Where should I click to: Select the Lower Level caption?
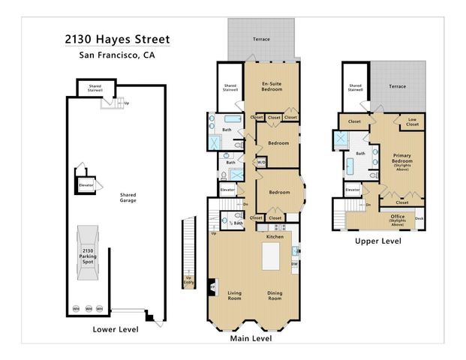[116, 328]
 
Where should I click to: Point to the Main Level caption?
[251, 338]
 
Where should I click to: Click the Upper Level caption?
[378, 241]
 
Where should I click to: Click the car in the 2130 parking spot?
[88, 258]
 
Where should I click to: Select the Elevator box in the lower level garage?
[86, 184]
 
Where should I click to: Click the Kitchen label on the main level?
[275, 236]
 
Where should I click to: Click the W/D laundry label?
[262, 161]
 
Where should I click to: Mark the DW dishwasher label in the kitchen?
[294, 263]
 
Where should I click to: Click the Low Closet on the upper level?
[413, 121]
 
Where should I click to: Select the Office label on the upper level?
[398, 218]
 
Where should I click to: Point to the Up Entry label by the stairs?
[189, 282]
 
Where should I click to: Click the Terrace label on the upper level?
[397, 86]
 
